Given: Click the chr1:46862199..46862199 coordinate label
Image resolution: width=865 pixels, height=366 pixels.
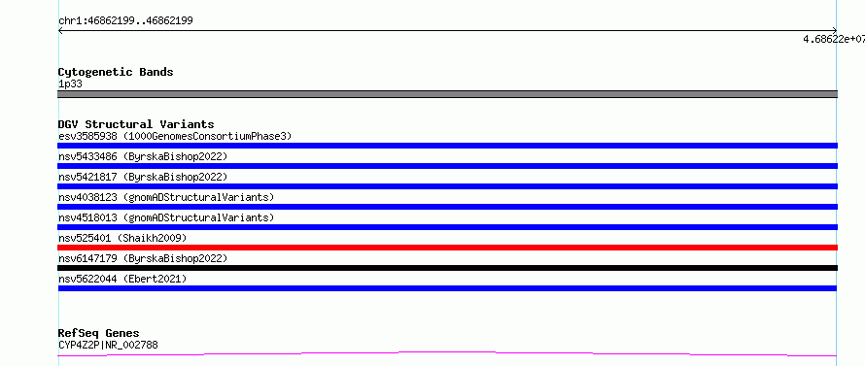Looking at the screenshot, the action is pos(125,21).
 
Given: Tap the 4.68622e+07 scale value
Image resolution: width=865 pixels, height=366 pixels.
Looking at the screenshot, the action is pos(834,39).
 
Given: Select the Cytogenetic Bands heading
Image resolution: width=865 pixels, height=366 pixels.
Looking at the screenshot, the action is pos(116,72).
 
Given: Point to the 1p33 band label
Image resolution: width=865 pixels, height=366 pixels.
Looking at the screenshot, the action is pos(70,84).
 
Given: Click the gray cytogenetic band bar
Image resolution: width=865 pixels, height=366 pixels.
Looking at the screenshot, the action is pos(447,94).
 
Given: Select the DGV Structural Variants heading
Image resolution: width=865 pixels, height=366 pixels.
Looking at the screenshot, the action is pos(136,124).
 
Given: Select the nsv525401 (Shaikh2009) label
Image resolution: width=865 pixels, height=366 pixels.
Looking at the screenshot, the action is pos(122,238).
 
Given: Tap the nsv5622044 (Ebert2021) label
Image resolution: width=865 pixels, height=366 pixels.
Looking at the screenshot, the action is pos(122,279).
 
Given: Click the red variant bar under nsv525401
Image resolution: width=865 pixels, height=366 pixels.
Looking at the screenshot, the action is pos(447,248).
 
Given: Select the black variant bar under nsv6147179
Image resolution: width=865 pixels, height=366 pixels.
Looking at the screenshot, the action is pos(447,268).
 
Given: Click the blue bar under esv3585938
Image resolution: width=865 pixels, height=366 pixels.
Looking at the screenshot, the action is pos(447,146).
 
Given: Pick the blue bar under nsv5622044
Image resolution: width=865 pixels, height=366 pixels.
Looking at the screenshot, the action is pos(447,288).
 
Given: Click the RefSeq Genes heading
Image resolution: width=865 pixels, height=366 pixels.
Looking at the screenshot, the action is pos(99,334).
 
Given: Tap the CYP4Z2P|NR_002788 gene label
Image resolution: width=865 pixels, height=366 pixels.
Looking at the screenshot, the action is pos(108,346).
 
